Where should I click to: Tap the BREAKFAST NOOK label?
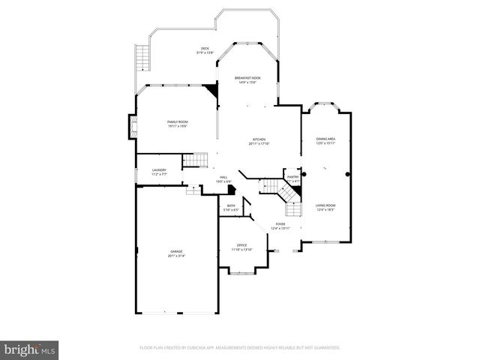247,78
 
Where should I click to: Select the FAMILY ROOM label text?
177,121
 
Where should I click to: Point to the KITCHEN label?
259,139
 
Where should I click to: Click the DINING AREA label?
325,139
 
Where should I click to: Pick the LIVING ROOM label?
325,205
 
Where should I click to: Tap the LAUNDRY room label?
158,170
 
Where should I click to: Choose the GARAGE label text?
175,251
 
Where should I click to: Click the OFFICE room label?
241,245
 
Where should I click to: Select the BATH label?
231,205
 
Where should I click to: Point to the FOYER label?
280,223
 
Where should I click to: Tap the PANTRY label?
292,177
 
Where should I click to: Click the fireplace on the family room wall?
133,126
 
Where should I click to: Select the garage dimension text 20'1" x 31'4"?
175,256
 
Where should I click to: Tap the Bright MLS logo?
30,349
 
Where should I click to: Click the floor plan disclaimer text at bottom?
240,348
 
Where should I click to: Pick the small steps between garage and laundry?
193,190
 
